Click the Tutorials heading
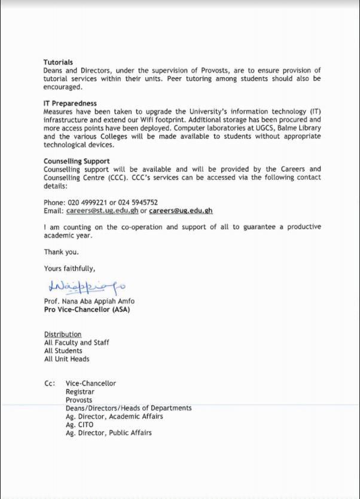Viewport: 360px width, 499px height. coord(58,62)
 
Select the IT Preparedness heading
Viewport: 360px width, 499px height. coord(70,104)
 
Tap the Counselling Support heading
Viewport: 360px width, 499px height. coord(77,161)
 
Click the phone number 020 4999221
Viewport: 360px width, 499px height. coord(87,202)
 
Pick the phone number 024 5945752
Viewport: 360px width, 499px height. coord(138,202)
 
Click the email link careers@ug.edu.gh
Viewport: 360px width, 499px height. coord(181,211)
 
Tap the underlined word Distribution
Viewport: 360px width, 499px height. coord(63,334)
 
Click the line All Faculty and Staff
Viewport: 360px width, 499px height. coord(77,343)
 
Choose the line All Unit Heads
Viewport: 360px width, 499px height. coord(67,359)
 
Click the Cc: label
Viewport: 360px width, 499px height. coord(50,384)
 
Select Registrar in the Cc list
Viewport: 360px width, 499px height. coord(80,392)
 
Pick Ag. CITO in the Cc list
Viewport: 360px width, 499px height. coord(80,425)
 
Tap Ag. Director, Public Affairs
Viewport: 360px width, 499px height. coord(108,433)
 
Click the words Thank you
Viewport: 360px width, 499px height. coord(61,252)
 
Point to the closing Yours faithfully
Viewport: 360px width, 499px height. coord(69,268)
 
